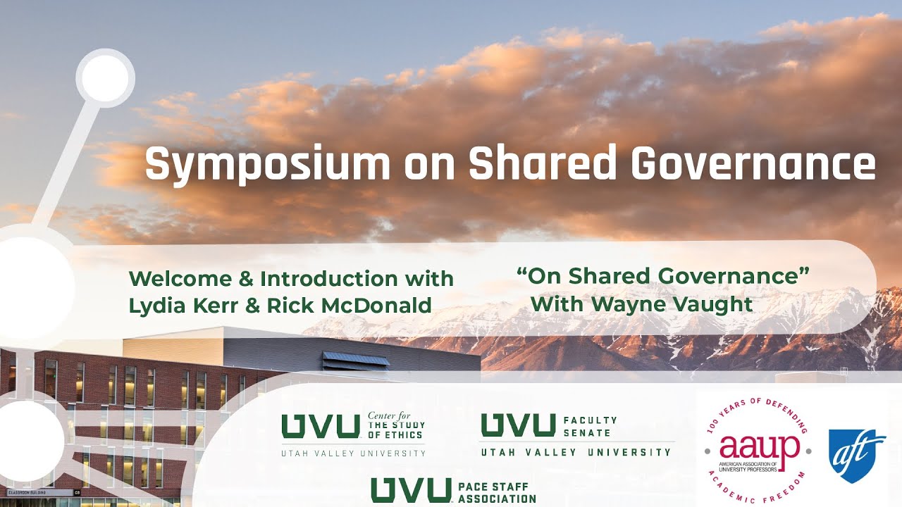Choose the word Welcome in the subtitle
point(180,279)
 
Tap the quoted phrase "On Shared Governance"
point(662,276)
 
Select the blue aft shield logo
point(857,456)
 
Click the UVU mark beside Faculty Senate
point(518,425)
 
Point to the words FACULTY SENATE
point(590,426)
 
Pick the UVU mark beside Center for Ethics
point(321,426)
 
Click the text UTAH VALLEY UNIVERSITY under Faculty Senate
point(576,452)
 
